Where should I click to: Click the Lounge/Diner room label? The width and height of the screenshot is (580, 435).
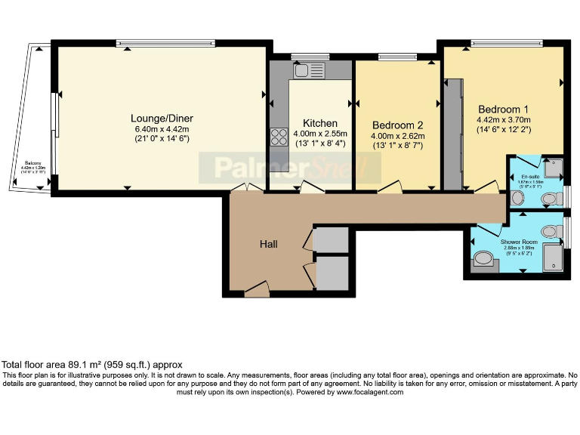pos(162,119)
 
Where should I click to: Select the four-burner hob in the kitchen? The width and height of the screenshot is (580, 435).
pos(278,137)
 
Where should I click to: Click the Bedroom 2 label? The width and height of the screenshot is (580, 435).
pos(397,125)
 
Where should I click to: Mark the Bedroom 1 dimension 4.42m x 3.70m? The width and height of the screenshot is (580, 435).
pos(504,119)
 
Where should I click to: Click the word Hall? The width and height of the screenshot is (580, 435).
pos(269,244)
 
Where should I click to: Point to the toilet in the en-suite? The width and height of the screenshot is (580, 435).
pos(550,199)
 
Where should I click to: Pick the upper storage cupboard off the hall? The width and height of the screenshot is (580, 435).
pos(330,240)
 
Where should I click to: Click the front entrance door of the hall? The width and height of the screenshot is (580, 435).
pos(257,288)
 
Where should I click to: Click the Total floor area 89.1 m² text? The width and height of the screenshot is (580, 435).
pos(92,364)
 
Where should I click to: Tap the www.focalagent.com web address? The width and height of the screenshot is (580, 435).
pos(372,392)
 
